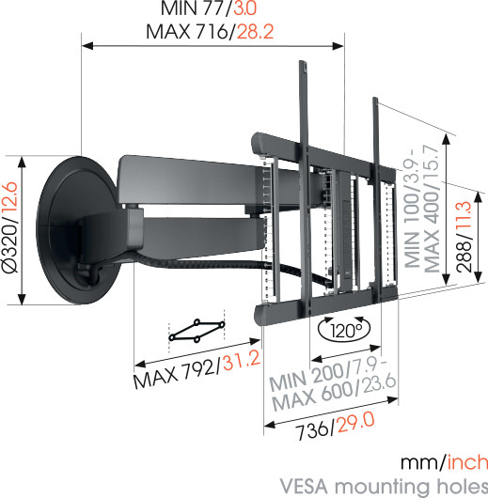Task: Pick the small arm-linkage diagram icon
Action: (197, 330)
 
